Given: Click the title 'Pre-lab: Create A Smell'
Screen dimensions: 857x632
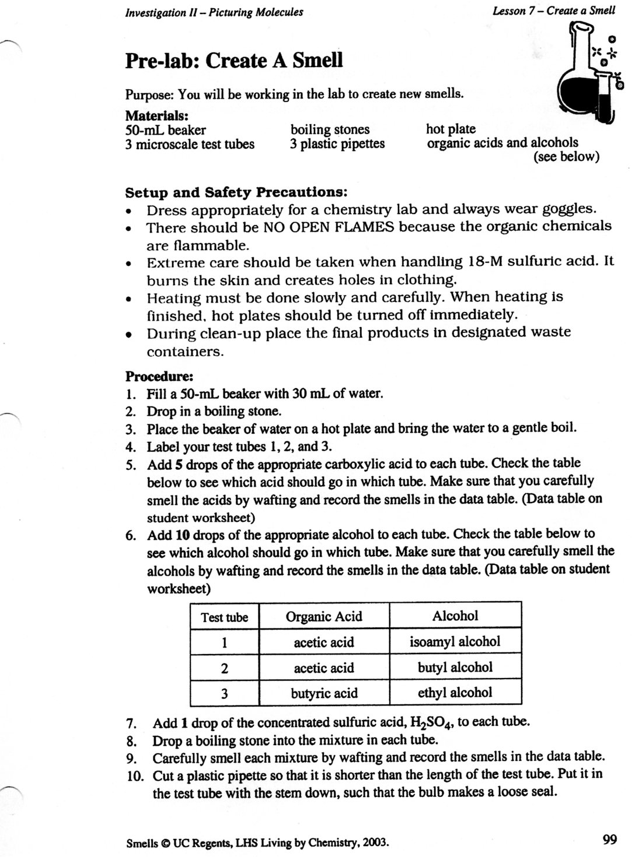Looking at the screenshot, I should (234, 61).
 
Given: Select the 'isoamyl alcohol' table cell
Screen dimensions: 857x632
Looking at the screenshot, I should (455, 642).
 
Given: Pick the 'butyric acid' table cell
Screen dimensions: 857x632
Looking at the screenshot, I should (324, 693).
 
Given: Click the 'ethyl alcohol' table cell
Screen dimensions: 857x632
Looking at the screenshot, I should (455, 693).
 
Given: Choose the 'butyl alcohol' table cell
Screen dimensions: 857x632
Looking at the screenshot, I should (455, 668).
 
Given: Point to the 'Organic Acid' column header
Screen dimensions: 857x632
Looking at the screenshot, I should (324, 616).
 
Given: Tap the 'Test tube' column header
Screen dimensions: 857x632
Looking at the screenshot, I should (225, 617).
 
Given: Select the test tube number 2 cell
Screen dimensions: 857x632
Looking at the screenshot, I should (225, 668).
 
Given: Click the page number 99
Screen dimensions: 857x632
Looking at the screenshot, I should (609, 840).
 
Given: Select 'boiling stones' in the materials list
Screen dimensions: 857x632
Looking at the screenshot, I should (330, 129).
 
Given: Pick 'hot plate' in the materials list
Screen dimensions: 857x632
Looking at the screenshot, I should (451, 129).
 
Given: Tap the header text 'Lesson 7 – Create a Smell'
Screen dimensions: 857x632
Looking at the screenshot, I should (553, 10).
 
